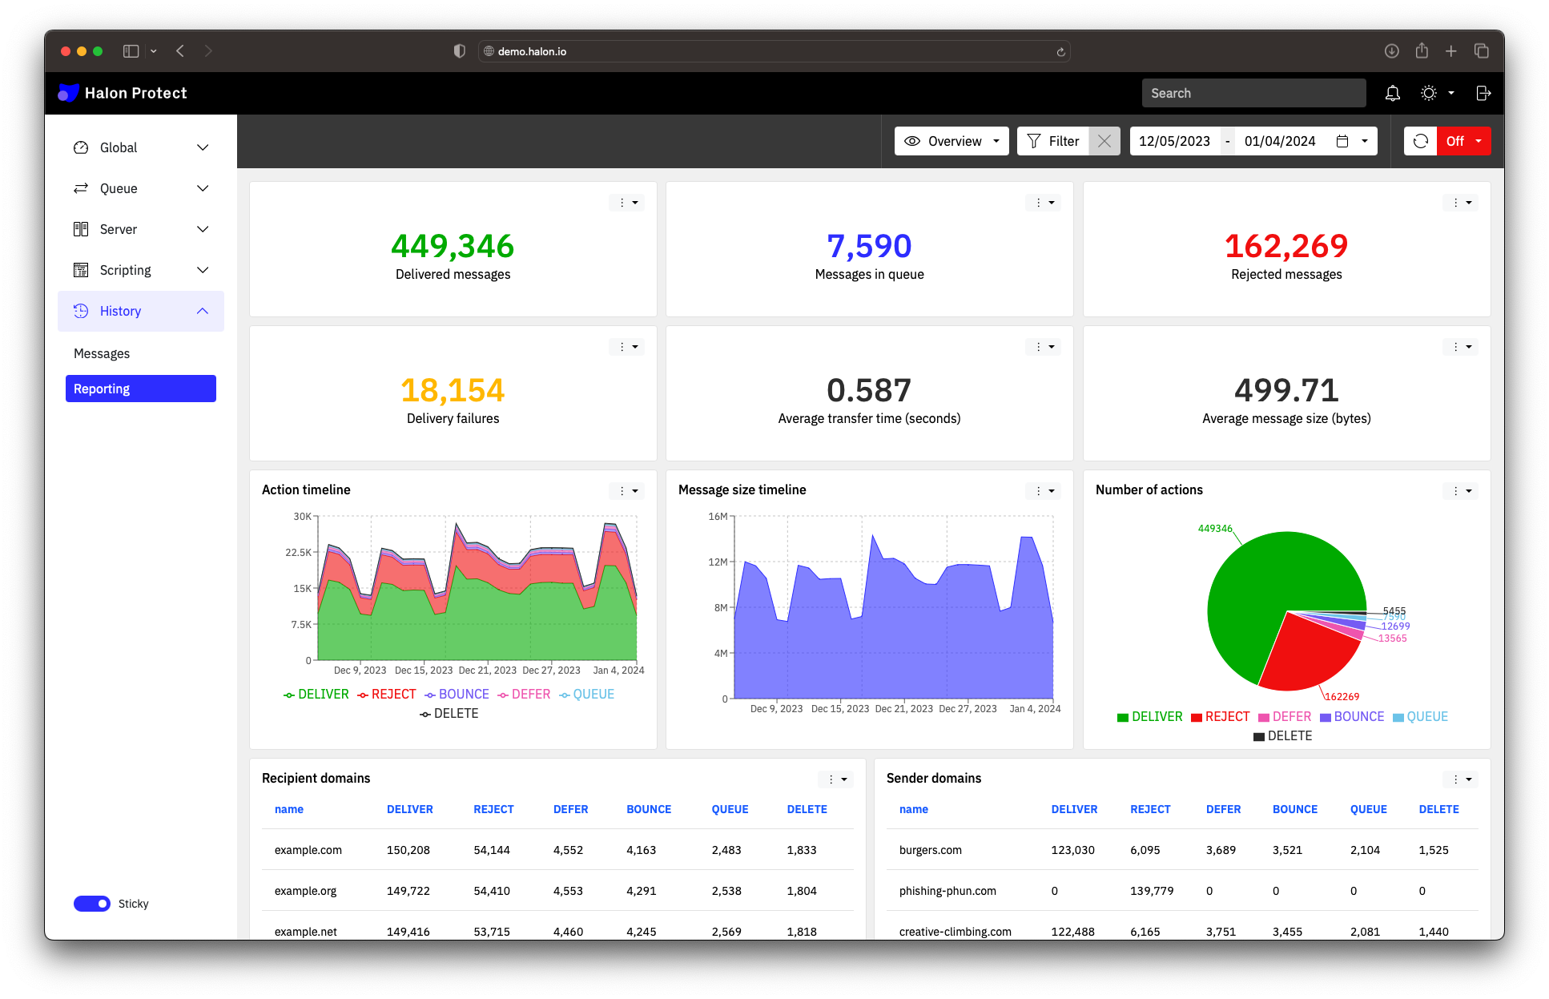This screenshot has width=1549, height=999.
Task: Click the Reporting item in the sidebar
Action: pos(140,389)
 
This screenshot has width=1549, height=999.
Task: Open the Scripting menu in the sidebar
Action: pos(140,270)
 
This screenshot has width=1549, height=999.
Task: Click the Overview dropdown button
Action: pos(951,141)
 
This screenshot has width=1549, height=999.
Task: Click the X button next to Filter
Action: pos(1104,141)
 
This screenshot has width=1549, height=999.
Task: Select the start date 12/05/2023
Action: pos(1174,141)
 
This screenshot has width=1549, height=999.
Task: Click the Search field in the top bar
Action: pos(1253,93)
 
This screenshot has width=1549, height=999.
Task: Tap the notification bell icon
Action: pos(1393,93)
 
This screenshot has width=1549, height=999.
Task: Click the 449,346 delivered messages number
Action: pos(453,246)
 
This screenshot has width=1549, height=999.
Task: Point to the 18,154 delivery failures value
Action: pos(453,390)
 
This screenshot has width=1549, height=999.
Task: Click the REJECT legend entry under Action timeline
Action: pos(387,695)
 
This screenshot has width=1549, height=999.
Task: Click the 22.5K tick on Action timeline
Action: pos(298,553)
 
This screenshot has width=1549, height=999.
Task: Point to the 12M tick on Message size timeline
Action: pos(718,562)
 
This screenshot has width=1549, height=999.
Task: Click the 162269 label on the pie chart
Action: pos(1342,697)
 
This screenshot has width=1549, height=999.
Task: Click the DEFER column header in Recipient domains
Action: pos(570,809)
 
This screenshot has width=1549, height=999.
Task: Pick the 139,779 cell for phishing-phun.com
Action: pos(1151,891)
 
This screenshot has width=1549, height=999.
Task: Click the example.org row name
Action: pos(305,891)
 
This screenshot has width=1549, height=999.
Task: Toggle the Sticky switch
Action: pos(92,904)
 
